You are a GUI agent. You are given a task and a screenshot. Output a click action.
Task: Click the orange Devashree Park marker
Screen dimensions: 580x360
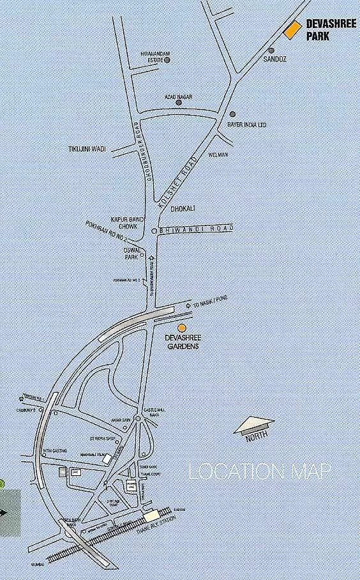coord(292,30)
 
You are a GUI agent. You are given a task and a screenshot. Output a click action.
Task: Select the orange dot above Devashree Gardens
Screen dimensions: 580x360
coord(182,328)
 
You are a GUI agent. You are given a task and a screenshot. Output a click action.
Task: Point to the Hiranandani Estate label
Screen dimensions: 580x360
coord(152,57)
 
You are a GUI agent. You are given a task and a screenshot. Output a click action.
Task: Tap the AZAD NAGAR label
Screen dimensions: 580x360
coord(179,97)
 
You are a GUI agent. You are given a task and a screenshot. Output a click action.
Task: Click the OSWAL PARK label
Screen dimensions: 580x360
coord(131,253)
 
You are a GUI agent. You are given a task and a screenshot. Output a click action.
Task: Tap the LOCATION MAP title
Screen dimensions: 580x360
coord(260,473)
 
